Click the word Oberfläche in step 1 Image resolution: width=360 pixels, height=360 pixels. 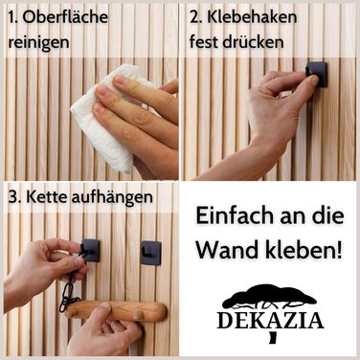click(x=65, y=17)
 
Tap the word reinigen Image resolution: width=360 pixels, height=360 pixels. click(x=38, y=42)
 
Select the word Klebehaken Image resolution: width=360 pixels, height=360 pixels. click(x=252, y=17)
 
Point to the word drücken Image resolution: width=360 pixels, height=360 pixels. click(x=253, y=42)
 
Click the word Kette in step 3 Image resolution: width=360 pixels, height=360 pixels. click(x=47, y=197)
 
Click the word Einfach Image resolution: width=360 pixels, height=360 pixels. click(x=235, y=215)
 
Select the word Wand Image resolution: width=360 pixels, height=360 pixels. click(x=229, y=250)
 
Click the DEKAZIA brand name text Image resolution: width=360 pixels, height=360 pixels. click(x=270, y=321)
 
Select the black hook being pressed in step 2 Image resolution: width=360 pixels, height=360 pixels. click(x=317, y=74)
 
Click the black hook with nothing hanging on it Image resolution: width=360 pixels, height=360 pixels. click(x=150, y=253)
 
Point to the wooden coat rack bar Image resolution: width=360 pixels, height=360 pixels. click(x=117, y=310)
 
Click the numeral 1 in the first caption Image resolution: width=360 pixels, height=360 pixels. click(x=12, y=17)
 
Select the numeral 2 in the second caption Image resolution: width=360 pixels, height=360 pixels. click(x=195, y=17)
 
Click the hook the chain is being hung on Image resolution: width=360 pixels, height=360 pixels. click(x=91, y=250)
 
